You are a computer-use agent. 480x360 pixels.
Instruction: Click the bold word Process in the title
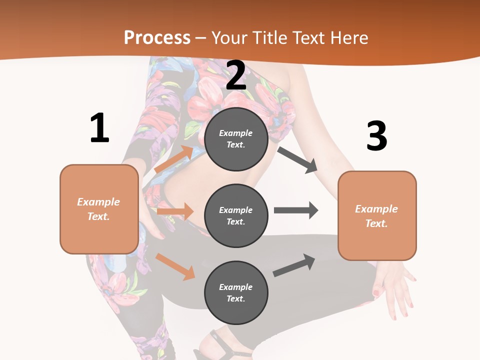click(x=157, y=37)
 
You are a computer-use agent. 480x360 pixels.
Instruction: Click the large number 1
click(x=99, y=128)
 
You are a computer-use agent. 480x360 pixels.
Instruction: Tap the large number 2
click(x=236, y=75)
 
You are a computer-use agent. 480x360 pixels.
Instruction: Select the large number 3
click(x=376, y=136)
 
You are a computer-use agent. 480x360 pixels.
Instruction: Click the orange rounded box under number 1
click(x=99, y=209)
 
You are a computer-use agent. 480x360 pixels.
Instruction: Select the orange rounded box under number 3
click(x=377, y=215)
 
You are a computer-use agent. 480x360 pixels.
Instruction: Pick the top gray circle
click(x=236, y=139)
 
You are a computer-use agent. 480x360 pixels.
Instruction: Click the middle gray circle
click(x=236, y=215)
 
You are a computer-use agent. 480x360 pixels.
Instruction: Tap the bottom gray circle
click(x=236, y=292)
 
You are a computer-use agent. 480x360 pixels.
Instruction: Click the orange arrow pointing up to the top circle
click(x=174, y=159)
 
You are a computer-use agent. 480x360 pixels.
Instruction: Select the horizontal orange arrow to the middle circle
click(x=174, y=211)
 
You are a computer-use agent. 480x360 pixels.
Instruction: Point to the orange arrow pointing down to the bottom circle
click(x=175, y=266)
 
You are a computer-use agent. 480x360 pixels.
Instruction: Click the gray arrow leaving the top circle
click(x=297, y=159)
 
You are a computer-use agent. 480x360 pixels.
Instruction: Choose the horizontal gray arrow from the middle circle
click(x=295, y=210)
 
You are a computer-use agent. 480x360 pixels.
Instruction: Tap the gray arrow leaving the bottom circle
click(x=294, y=265)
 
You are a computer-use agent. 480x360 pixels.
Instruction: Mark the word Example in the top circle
click(x=236, y=133)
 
